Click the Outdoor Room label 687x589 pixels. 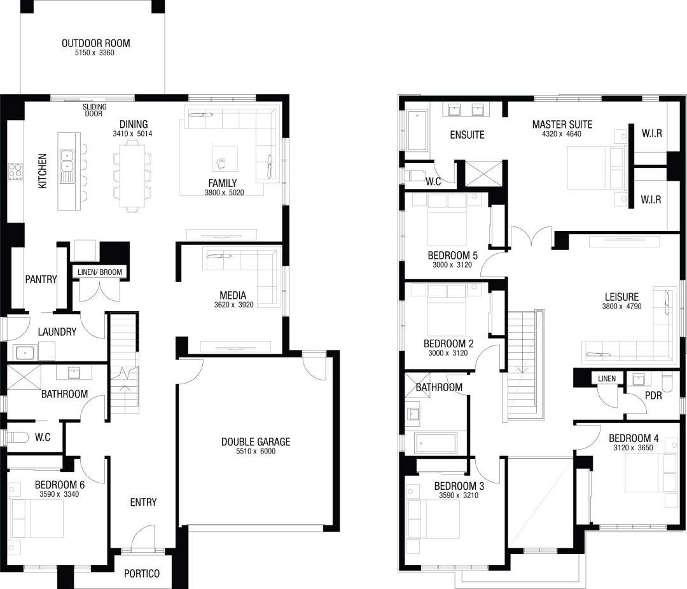95,43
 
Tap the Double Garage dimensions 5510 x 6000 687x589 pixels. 256,451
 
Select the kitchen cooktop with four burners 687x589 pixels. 15,171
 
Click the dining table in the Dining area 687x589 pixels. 132,176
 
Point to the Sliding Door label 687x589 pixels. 95,110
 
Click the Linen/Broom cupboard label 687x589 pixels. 100,272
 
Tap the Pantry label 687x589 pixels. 41,279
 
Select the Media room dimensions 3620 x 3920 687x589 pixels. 233,305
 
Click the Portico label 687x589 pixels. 141,573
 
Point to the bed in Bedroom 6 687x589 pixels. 36,518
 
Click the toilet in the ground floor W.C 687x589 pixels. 17,437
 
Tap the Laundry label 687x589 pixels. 57,332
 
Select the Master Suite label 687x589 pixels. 562,125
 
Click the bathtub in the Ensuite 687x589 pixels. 417,130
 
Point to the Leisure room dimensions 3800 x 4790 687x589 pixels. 621,307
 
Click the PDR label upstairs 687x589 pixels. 653,396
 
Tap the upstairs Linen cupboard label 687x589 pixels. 607,378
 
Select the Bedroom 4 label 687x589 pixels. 634,438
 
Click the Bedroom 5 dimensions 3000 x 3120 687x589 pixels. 452,265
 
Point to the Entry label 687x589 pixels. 143,502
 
